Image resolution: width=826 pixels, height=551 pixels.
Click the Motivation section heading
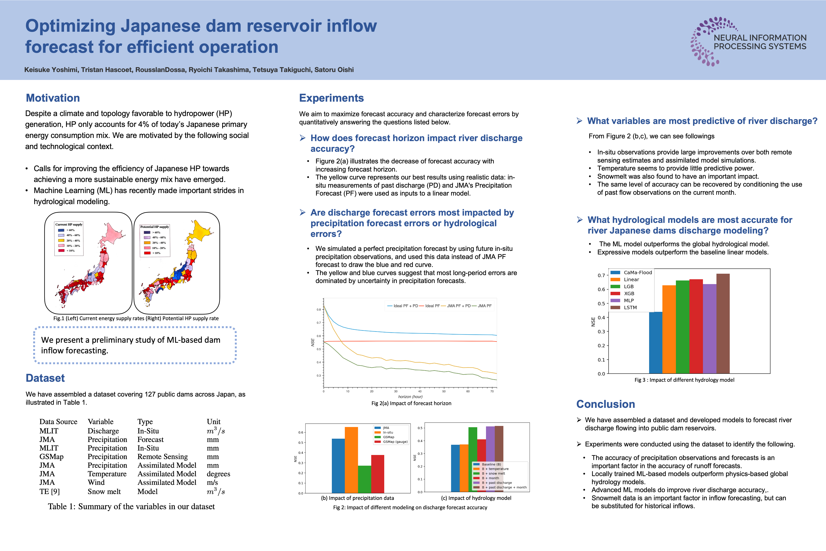[53, 98]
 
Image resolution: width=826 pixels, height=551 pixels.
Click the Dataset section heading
[45, 378]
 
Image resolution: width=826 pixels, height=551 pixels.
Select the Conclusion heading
[606, 404]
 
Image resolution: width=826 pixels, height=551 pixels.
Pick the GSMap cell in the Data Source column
[51, 456]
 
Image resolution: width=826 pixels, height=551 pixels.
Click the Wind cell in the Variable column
[96, 483]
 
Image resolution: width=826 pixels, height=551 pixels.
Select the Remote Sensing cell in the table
[163, 456]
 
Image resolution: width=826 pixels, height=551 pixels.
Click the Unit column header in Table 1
[214, 422]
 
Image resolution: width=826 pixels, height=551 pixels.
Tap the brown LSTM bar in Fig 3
[723, 323]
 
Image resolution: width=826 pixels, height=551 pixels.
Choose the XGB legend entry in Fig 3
[629, 293]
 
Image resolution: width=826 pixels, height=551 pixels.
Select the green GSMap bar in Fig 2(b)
[365, 479]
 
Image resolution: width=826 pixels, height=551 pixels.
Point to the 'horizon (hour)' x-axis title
[410, 397]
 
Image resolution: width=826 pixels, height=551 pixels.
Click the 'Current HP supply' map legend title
[69, 224]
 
